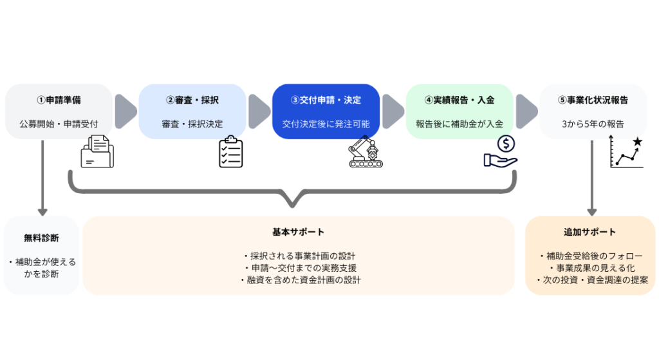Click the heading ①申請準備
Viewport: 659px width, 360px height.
click(x=59, y=100)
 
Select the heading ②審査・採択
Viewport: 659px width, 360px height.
click(x=192, y=100)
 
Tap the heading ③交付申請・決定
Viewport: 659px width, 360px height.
click(x=326, y=100)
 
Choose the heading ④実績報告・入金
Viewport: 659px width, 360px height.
click(x=459, y=100)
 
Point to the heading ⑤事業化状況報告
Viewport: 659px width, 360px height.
click(x=593, y=100)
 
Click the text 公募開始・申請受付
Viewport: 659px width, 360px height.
click(x=59, y=123)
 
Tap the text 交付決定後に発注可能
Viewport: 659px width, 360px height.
click(x=326, y=123)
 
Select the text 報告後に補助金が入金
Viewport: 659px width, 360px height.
click(x=459, y=123)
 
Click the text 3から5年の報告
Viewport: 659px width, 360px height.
click(x=593, y=123)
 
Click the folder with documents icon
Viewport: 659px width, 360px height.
click(x=97, y=152)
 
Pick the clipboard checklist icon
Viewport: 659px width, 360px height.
click(x=230, y=152)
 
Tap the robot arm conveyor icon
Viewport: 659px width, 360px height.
click(x=365, y=152)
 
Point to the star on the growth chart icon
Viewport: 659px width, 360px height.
click(x=637, y=141)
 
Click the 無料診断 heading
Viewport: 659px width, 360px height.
click(x=42, y=238)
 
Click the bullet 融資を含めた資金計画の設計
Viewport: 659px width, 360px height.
click(x=299, y=280)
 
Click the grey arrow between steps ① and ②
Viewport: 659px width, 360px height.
click(x=125, y=111)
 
